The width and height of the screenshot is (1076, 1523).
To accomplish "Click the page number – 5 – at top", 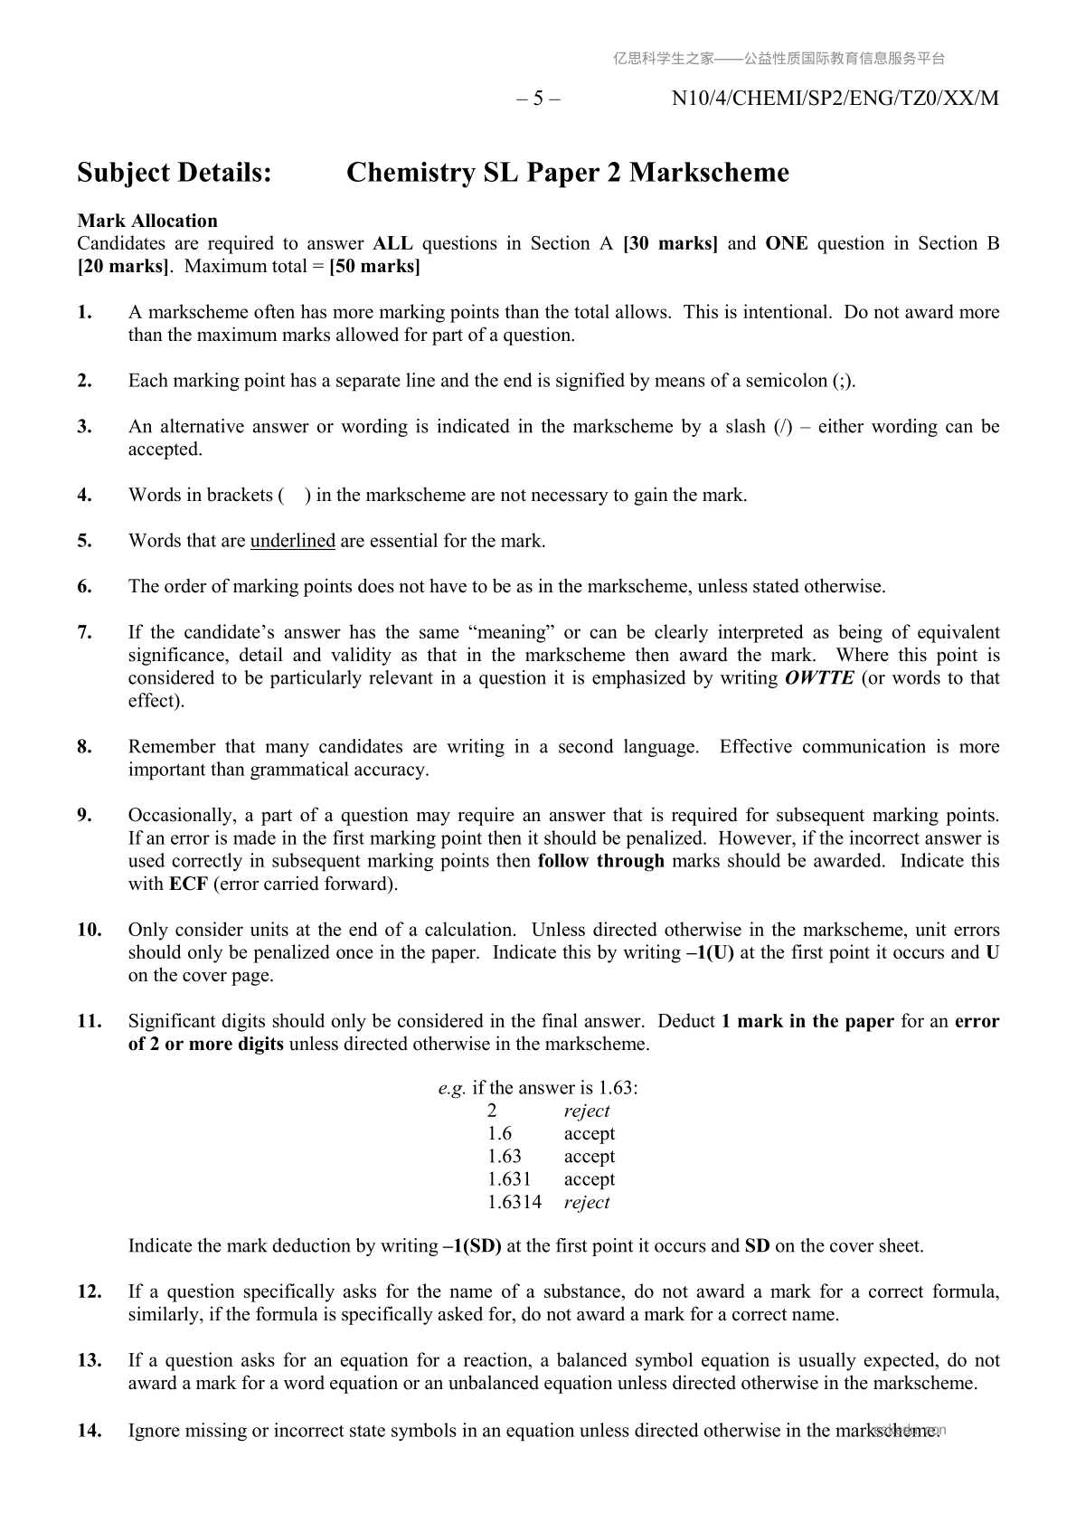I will (538, 99).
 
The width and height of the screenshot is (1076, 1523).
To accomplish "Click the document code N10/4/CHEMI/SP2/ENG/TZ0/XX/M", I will (835, 99).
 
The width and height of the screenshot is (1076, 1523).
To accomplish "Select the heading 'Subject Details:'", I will (175, 173).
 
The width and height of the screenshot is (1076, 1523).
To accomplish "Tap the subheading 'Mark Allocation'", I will (147, 221).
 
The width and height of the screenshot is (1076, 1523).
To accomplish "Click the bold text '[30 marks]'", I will (670, 243).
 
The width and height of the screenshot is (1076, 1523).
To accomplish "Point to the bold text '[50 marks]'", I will (374, 267).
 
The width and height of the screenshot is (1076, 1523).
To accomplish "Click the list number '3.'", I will (85, 427).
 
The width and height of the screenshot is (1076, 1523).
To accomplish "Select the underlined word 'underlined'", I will (292, 541).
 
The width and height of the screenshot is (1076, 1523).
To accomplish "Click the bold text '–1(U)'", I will (711, 952).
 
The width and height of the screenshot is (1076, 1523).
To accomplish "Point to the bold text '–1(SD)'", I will (472, 1246).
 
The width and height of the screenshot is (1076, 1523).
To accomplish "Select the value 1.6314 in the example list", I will (514, 1202).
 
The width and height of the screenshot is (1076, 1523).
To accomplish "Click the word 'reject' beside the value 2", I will (587, 1111).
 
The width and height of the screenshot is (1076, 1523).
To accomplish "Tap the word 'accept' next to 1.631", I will (589, 1179).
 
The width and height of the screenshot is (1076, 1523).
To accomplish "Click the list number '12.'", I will (89, 1291).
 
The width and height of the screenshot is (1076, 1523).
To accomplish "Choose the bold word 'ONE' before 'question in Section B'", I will (787, 243).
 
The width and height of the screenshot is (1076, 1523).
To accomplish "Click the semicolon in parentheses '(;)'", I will (842, 381).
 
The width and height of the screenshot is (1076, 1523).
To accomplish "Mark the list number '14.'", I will (89, 1430).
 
